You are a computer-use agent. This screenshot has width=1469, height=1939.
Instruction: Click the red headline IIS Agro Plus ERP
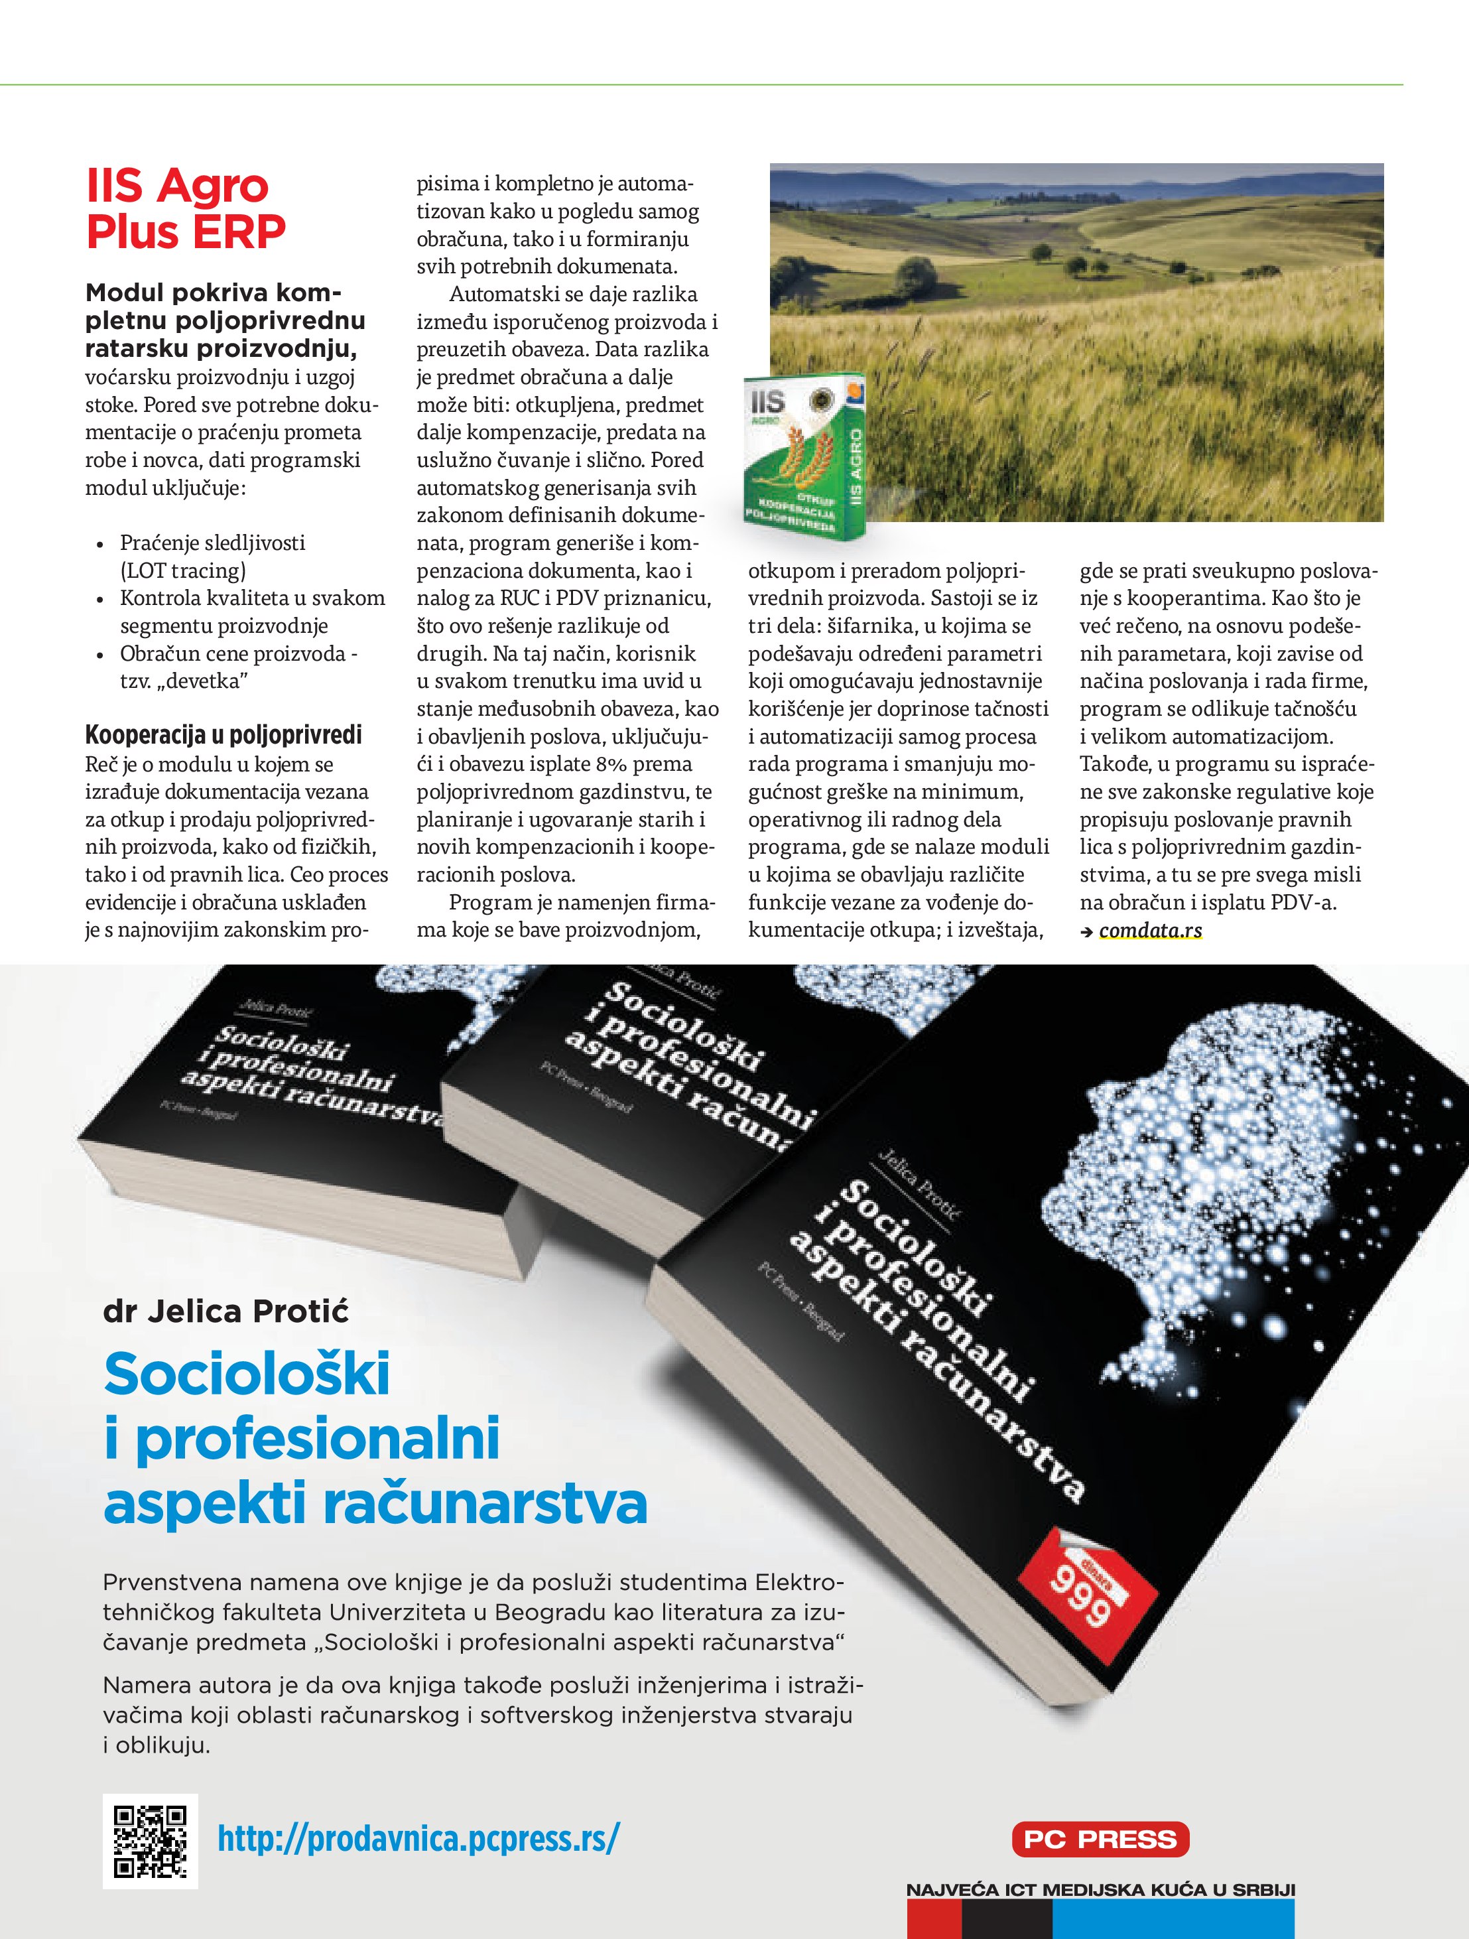(185, 208)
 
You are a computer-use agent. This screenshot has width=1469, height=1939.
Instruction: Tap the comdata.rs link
(1150, 930)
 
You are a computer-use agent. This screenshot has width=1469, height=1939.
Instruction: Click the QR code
(150, 1841)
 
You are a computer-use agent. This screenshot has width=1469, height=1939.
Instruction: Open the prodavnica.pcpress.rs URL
(418, 1838)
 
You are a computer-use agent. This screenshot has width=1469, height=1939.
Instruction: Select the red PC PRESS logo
(1100, 1838)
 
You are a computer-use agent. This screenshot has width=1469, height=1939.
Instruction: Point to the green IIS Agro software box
(803, 456)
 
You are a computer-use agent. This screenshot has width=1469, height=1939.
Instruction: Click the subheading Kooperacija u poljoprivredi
(223, 734)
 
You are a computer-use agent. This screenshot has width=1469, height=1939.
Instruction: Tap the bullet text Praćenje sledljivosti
(212, 543)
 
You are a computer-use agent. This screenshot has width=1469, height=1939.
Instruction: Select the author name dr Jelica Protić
(225, 1311)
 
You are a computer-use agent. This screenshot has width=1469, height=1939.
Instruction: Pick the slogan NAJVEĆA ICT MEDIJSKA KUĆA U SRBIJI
(1100, 1890)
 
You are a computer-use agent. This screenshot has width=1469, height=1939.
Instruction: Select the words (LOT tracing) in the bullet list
(182, 570)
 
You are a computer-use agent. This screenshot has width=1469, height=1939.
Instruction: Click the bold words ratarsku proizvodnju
(220, 349)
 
